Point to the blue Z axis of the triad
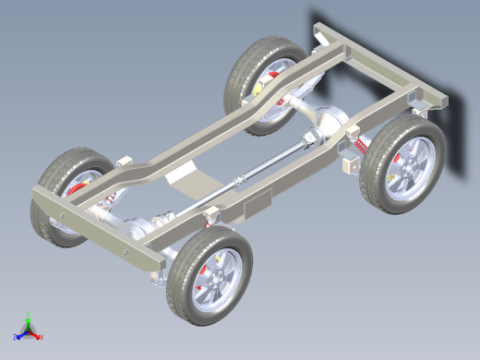click(19, 335)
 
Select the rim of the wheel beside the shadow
click(409, 167)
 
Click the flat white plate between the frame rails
click(191, 175)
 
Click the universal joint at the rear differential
click(308, 139)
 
